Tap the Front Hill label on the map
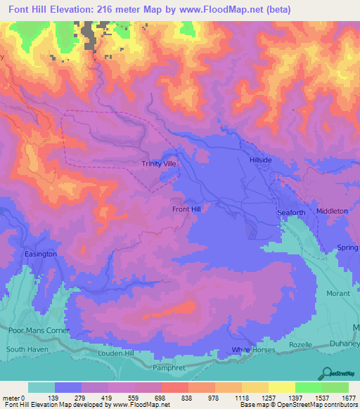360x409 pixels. click(x=186, y=209)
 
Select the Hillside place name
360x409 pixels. click(x=260, y=160)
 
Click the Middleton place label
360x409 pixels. click(x=332, y=211)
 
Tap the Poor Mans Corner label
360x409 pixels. click(x=37, y=330)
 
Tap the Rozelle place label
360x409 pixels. click(x=300, y=345)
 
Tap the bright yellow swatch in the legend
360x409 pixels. click(x=281, y=387)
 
